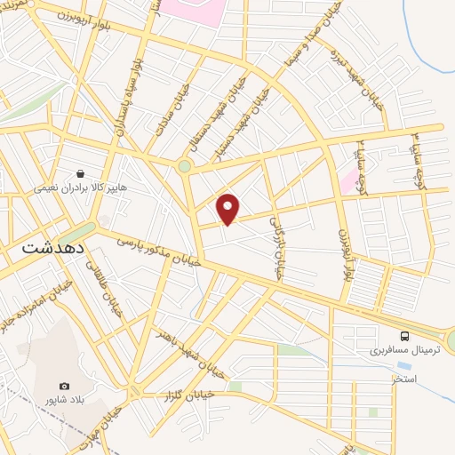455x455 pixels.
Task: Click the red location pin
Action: click(x=228, y=208)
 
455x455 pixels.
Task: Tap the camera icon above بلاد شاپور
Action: click(x=64, y=386)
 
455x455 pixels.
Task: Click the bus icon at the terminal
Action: click(x=405, y=336)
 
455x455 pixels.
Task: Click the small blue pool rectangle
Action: click(x=404, y=365)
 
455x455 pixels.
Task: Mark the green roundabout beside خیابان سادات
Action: click(x=184, y=166)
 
